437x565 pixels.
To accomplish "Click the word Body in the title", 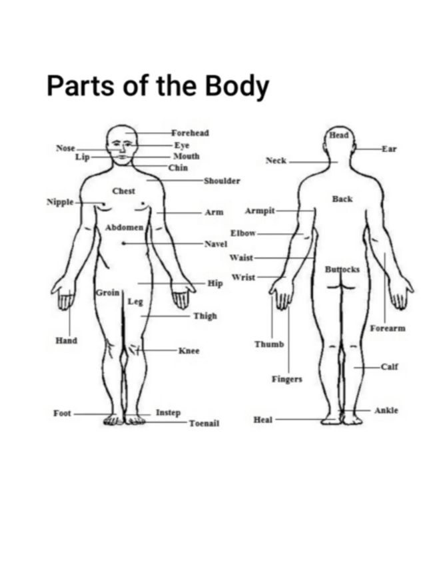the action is click(228, 87).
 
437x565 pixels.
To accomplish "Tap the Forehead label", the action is click(190, 133).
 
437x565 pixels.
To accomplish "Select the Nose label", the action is click(65, 148).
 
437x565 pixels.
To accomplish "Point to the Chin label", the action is click(178, 168).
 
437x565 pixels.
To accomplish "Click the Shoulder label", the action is click(222, 181).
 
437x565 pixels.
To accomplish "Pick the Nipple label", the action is click(60, 201).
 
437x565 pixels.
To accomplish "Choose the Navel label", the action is click(216, 244).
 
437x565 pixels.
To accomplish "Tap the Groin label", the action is click(107, 292).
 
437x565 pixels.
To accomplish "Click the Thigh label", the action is click(205, 316).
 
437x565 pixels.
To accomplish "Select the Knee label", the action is click(189, 350).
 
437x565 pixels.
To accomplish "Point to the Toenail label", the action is click(204, 423).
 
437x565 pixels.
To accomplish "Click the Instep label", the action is click(168, 413).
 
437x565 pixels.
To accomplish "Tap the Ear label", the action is click(389, 149).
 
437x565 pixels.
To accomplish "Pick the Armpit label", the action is click(260, 211).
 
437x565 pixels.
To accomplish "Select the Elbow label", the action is click(243, 234).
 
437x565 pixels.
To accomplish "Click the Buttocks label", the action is click(342, 269).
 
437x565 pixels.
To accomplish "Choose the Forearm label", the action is click(388, 328).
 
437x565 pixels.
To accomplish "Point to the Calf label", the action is click(390, 366).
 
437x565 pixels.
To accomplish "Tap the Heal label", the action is click(263, 420).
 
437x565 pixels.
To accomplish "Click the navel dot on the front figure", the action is click(123, 244).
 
